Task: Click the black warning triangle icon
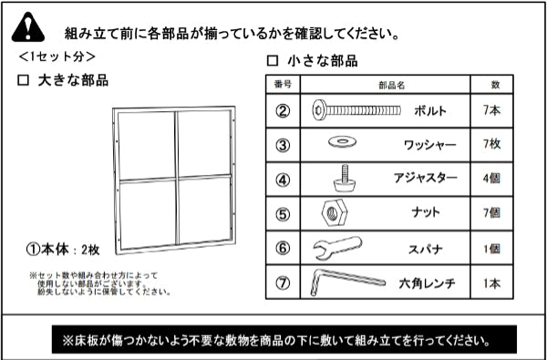click(x=28, y=28)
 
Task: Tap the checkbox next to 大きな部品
click(x=23, y=80)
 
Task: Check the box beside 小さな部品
click(x=273, y=61)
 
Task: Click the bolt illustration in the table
click(x=356, y=110)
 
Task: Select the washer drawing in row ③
click(x=342, y=141)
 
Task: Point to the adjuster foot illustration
click(x=345, y=178)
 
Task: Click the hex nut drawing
click(x=335, y=212)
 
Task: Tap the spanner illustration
click(x=337, y=248)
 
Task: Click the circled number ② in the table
click(x=283, y=111)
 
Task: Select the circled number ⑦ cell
click(x=283, y=283)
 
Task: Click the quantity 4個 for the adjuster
click(x=491, y=179)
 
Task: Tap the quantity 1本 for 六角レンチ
click(x=491, y=283)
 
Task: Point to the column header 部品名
click(x=391, y=85)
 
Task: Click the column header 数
click(x=495, y=85)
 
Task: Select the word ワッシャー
click(x=429, y=144)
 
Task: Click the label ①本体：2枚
click(x=63, y=250)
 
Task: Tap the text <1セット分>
click(x=57, y=57)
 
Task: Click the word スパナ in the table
click(x=426, y=249)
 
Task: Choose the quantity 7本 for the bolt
click(x=491, y=110)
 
